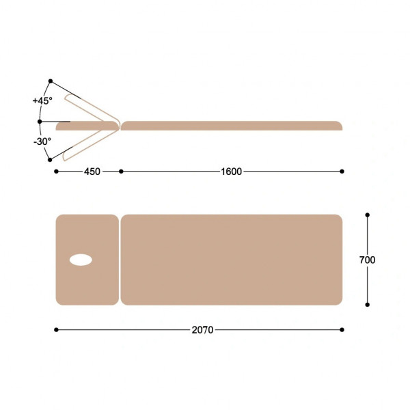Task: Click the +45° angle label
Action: [x=42, y=100]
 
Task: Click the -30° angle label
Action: [x=42, y=141]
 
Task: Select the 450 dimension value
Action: [x=92, y=172]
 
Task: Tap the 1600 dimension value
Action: [x=232, y=172]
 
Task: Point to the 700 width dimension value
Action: [x=367, y=260]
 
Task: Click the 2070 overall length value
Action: [x=202, y=330]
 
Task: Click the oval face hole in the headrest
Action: [x=81, y=260]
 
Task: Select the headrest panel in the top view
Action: [x=87, y=260]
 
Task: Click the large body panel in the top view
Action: [x=232, y=260]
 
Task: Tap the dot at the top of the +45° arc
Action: [x=51, y=81]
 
